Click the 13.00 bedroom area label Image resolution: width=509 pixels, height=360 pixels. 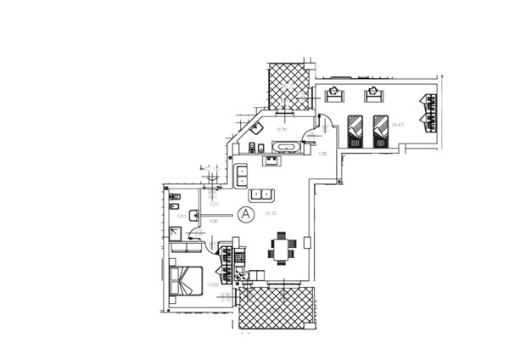[211, 285]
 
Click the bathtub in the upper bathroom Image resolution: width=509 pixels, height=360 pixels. [285, 149]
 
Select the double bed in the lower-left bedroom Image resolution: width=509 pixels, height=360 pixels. [187, 280]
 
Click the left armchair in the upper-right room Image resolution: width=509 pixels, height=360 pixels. [336, 90]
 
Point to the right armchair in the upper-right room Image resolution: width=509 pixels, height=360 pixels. [372, 91]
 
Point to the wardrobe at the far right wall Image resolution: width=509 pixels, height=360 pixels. [428, 112]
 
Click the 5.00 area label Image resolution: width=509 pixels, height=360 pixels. [322, 155]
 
